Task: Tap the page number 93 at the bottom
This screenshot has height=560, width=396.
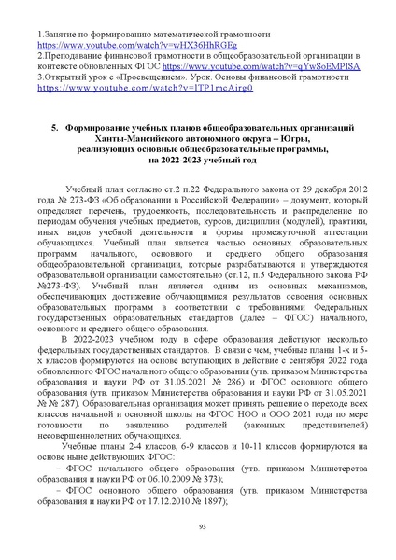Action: (199, 527)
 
